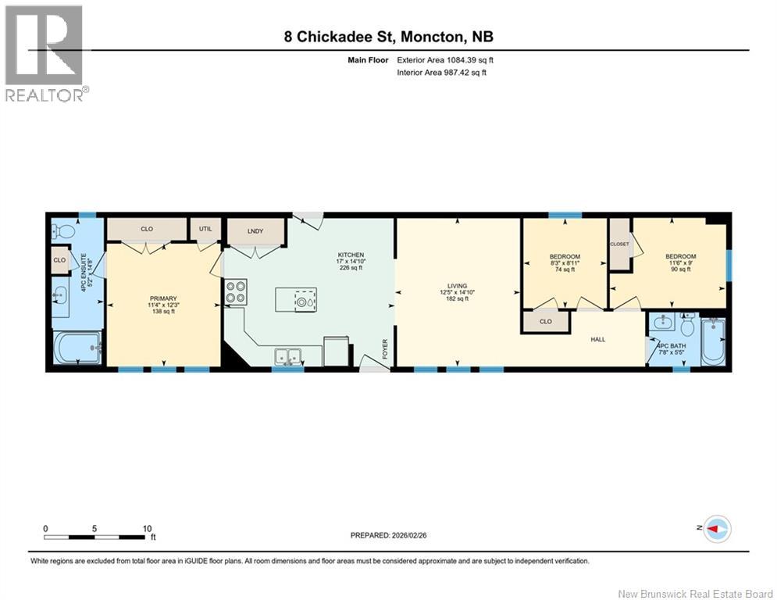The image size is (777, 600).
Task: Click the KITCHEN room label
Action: pyautogui.click(x=351, y=255)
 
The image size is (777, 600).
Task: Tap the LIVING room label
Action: pyautogui.click(x=457, y=286)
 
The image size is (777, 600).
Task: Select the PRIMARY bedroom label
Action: pyautogui.click(x=163, y=298)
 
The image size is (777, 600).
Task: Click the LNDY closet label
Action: pyautogui.click(x=255, y=231)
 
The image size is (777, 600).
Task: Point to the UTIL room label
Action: pyautogui.click(x=205, y=229)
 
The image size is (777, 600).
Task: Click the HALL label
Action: pyautogui.click(x=598, y=340)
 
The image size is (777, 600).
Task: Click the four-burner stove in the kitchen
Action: pyautogui.click(x=236, y=291)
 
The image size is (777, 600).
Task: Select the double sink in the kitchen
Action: pyautogui.click(x=287, y=356)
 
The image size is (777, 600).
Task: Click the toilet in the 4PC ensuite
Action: pyautogui.click(x=63, y=231)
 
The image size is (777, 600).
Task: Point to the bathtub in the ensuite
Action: pyautogui.click(x=77, y=348)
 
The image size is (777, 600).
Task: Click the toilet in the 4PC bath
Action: pyautogui.click(x=687, y=325)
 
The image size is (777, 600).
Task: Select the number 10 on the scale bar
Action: pyautogui.click(x=147, y=529)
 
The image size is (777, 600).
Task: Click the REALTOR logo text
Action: pyautogui.click(x=44, y=95)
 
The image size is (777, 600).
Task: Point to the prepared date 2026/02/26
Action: pyautogui.click(x=409, y=535)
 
